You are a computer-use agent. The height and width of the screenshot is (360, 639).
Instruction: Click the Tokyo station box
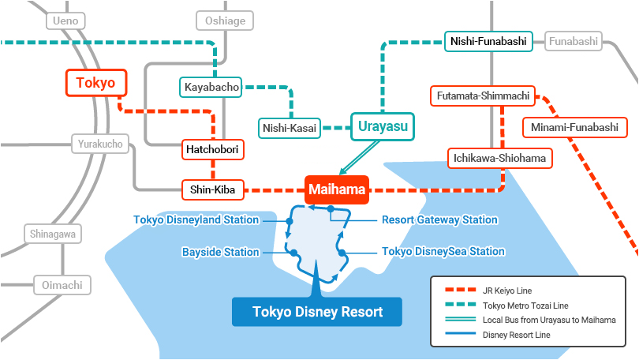96,83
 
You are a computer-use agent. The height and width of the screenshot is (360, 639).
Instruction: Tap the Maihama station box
337,189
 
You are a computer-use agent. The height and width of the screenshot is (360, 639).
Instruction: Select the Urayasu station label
383,126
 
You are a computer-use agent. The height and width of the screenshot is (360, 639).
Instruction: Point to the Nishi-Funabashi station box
488,41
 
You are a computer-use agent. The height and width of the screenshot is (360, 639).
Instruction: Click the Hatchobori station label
212,150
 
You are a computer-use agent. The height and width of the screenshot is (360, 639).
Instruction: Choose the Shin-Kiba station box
213,189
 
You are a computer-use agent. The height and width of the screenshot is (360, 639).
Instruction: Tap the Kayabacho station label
211,88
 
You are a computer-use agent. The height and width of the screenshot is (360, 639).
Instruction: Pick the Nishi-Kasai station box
290,128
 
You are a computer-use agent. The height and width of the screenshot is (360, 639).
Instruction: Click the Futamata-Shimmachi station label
483,96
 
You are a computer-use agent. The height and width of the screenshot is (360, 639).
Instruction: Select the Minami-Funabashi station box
574,127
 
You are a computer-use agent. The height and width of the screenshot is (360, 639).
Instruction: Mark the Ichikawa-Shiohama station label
499,158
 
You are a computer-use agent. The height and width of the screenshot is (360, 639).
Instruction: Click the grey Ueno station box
65,21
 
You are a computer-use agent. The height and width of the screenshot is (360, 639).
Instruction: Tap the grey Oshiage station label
225,21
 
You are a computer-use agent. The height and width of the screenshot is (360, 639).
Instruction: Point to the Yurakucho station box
100,144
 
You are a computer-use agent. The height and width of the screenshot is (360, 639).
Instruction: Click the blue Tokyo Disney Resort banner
317,312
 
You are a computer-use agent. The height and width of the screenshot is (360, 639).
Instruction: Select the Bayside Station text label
220,253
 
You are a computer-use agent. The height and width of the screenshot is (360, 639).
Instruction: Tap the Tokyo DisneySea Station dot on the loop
342,253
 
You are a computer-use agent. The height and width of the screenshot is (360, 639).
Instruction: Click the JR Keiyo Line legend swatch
460,291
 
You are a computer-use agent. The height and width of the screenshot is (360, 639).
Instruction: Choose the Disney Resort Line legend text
517,335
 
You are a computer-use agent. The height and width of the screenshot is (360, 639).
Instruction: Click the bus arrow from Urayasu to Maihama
360,158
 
